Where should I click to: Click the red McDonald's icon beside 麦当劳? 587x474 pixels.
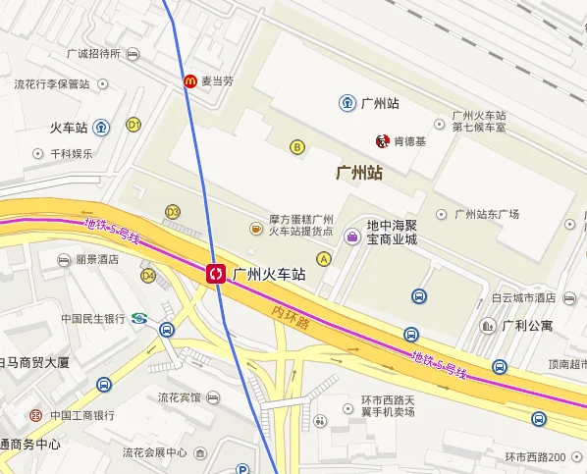pos(189,81)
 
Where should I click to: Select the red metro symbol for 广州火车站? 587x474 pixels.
pos(216,274)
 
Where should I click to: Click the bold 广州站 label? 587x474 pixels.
pos(358,174)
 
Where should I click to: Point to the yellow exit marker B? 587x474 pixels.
pos(296,147)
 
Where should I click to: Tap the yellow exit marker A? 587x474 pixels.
pos(323,257)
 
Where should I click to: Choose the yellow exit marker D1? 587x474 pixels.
pos(133,125)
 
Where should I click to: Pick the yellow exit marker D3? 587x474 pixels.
pos(173,211)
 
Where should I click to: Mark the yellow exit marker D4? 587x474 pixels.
pos(148,276)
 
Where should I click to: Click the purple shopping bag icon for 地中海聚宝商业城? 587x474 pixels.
pos(352,236)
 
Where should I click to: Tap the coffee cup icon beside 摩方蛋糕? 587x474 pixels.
pos(255,229)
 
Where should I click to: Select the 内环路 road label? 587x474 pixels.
pos(291,317)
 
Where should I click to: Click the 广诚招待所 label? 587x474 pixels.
pos(93,53)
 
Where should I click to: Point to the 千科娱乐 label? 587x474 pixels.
pos(72,153)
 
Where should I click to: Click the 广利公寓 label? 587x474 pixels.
pos(527,325)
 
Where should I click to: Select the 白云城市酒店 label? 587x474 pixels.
pos(523,297)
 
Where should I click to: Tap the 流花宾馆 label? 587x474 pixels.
pos(180,397)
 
